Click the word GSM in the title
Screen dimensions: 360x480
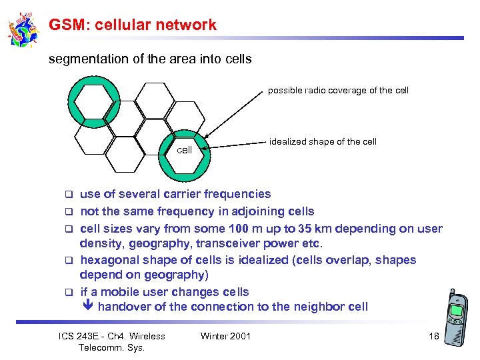tap(65, 25)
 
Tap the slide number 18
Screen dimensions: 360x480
tap(433, 336)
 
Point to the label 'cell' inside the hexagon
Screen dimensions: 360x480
tap(184, 150)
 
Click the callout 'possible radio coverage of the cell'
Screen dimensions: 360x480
tap(338, 90)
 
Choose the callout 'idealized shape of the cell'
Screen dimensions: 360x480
tap(323, 141)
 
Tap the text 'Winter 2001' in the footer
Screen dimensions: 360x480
tap(225, 336)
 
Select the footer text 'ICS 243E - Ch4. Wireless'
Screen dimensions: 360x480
tap(112, 336)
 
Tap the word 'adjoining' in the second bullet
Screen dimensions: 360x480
tap(251, 211)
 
